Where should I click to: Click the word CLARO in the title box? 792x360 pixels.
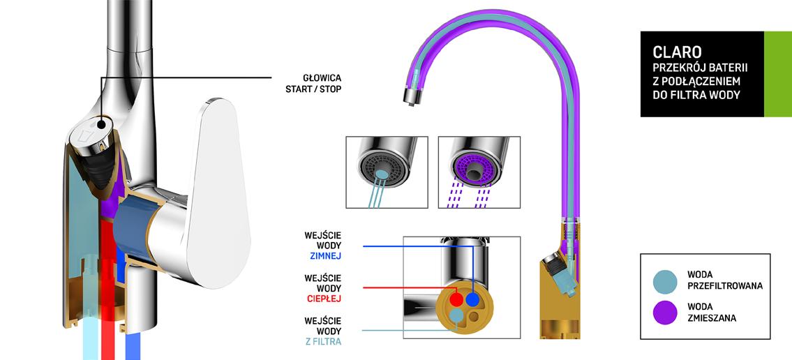pos(667,52)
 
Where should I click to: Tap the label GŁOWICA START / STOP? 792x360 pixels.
pos(313,83)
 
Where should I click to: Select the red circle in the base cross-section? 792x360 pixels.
pos(456,300)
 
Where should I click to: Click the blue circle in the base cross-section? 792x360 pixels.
pos(473,300)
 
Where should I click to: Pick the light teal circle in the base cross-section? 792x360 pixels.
pos(456,316)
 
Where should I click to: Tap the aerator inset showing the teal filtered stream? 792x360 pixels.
pos(387,172)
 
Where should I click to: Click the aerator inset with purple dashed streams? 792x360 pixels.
pos(479,172)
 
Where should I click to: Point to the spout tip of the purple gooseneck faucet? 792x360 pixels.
pos(412,96)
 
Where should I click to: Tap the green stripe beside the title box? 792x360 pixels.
pos(777,73)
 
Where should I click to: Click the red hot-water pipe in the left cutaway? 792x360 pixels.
pos(109,293)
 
